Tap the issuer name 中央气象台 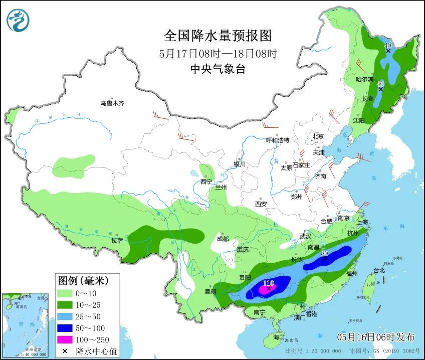[x=218, y=70]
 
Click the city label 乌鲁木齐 [x=111, y=103]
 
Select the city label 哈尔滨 [x=364, y=80]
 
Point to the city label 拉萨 [x=117, y=240]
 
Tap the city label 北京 [x=318, y=136]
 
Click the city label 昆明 [x=210, y=291]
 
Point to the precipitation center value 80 [x=324, y=254]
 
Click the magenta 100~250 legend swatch [x=65, y=340]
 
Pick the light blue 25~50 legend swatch [x=65, y=316]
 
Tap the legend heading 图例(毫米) [x=83, y=279]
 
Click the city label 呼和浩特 [x=278, y=140]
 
